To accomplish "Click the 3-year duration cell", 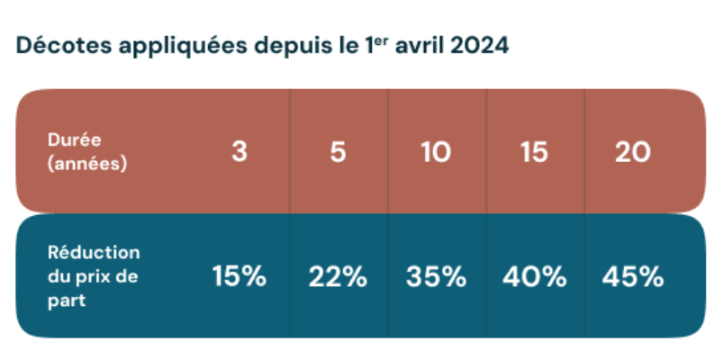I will (x=239, y=152).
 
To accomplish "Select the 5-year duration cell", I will (x=338, y=152).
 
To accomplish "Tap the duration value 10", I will (x=436, y=152).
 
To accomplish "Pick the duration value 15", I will (x=534, y=152).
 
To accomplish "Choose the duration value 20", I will (x=633, y=152).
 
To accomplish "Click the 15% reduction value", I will (x=239, y=276).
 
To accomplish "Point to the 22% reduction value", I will (x=338, y=276).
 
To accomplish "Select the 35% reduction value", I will (x=436, y=276).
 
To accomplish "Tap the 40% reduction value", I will (x=534, y=276).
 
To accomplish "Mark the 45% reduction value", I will (x=633, y=276).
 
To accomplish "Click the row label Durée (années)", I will (x=87, y=152).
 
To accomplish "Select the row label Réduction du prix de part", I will (x=93, y=276).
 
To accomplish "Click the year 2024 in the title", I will (x=478, y=46).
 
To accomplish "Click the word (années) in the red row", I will (x=87, y=164).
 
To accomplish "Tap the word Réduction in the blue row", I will (x=93, y=253).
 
